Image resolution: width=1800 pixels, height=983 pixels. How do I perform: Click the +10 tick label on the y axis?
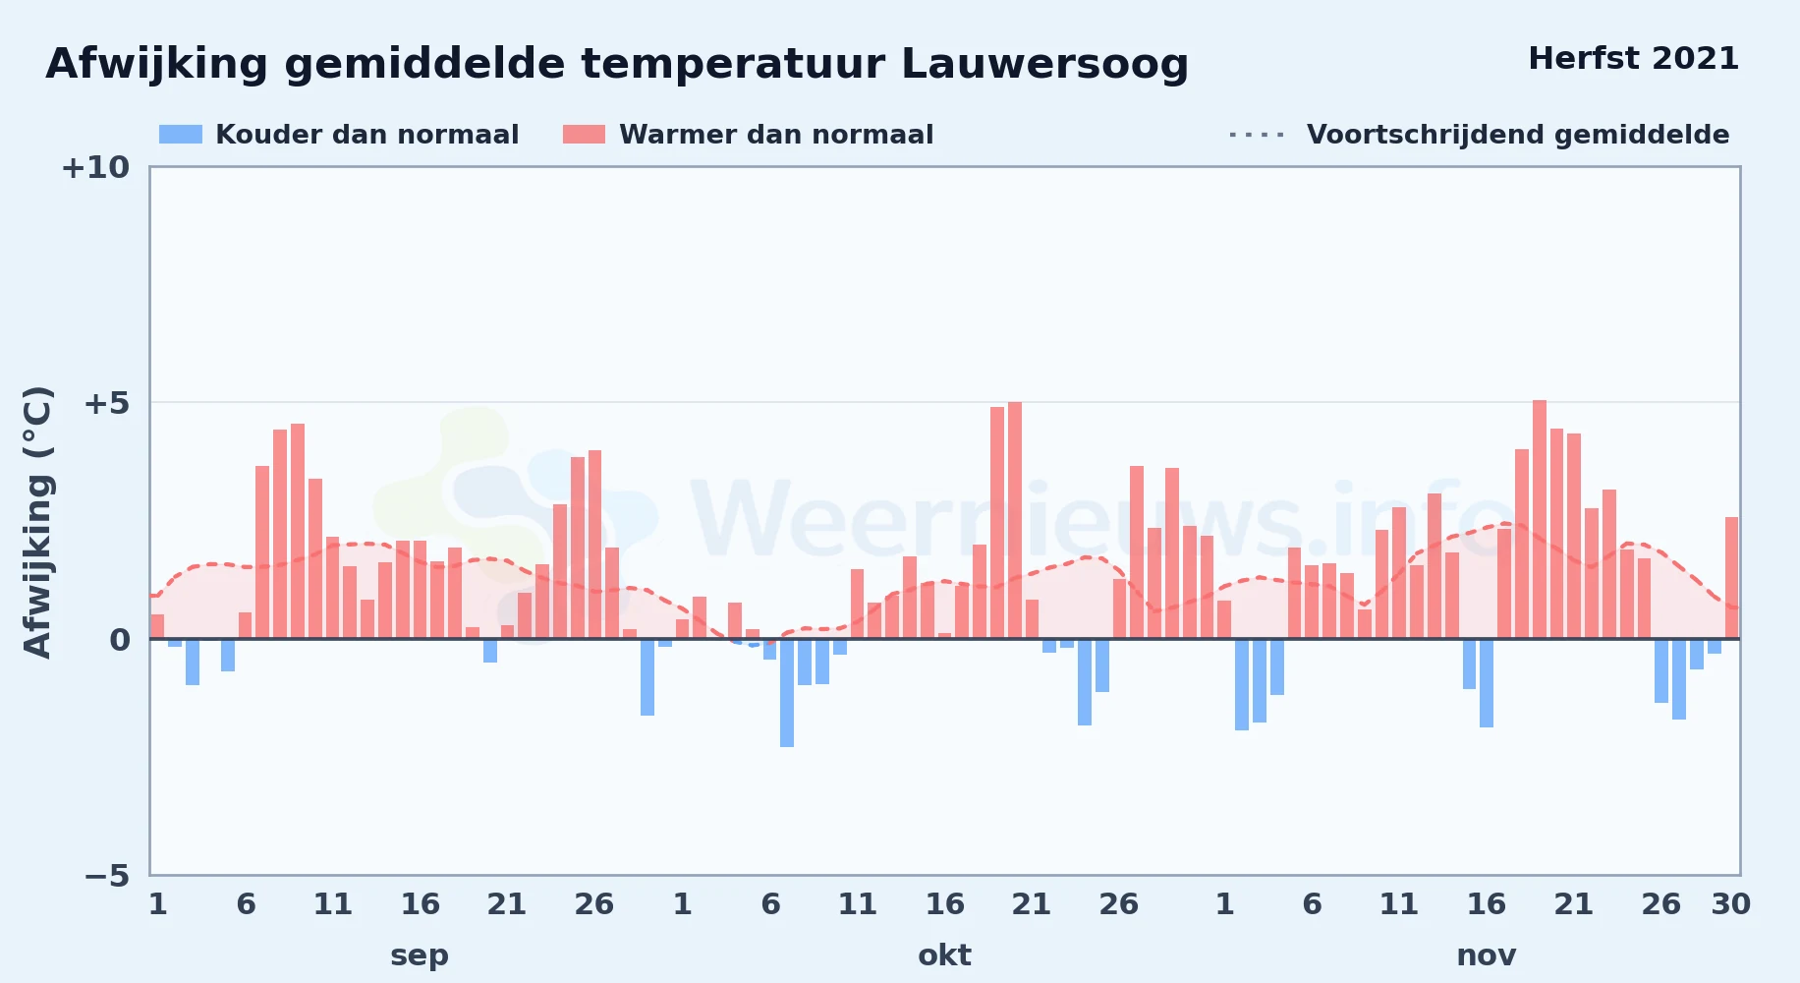click(x=95, y=168)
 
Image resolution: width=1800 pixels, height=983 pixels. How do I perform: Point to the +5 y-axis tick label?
click(x=106, y=403)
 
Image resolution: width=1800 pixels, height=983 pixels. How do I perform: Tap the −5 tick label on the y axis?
click(x=106, y=876)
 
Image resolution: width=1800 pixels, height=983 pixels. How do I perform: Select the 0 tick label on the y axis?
click(x=120, y=640)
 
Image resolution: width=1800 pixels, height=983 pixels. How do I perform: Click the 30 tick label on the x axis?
click(x=1730, y=904)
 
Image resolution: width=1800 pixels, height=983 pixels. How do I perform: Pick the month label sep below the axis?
click(x=420, y=955)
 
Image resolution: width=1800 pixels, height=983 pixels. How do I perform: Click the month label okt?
click(x=944, y=955)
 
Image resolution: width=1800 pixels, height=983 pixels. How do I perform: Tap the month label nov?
click(x=1486, y=955)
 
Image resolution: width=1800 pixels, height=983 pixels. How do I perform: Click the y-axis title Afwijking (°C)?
click(x=37, y=521)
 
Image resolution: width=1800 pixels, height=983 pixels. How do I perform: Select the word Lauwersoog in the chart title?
click(x=1044, y=65)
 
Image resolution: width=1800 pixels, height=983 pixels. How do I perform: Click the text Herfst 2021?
click(x=1633, y=59)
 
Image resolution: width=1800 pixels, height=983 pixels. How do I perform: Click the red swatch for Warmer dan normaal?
click(x=584, y=135)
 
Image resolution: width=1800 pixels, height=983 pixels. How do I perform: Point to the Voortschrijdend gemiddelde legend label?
click(x=1518, y=135)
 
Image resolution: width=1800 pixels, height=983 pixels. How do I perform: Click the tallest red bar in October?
click(x=1015, y=520)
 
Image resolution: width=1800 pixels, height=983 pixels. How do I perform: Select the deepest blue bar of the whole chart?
click(x=787, y=693)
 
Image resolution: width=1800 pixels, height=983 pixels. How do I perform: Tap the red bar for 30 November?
click(x=1731, y=578)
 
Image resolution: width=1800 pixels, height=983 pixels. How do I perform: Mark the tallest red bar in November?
click(x=1540, y=519)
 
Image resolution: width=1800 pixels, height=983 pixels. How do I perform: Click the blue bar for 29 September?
click(x=647, y=677)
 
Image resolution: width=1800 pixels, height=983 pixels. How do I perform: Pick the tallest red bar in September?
click(x=298, y=531)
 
